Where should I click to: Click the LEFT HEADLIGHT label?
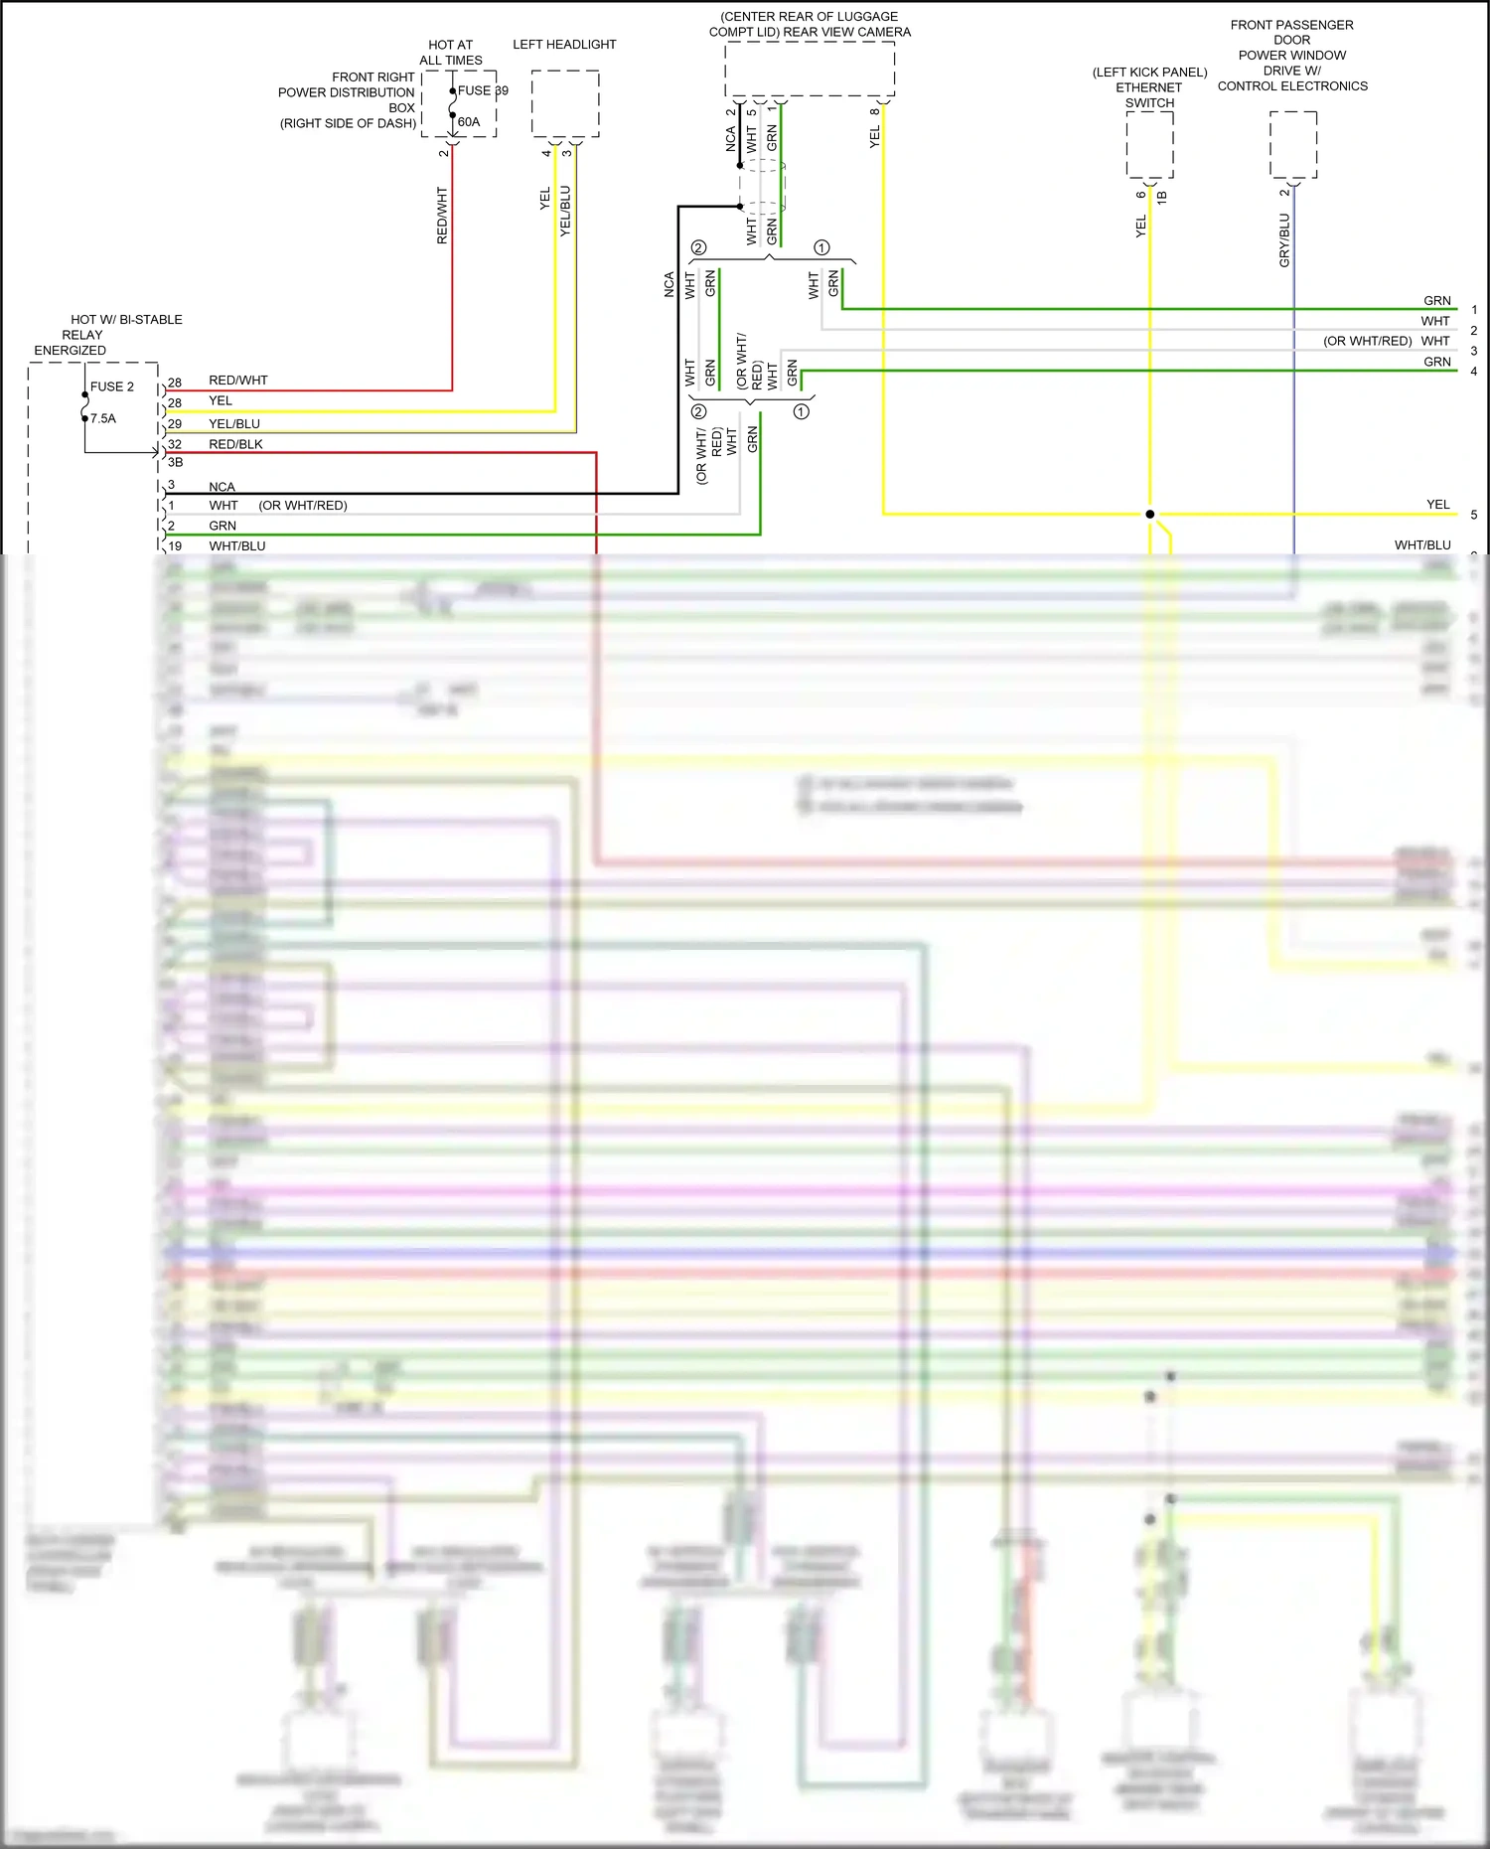pos(564,45)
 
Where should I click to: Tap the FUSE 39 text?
pos(483,90)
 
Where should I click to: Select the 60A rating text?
pos(469,122)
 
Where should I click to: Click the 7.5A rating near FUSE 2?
pos(103,418)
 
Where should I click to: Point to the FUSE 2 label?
pos(111,386)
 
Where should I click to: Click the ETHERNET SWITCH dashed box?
pos(1149,144)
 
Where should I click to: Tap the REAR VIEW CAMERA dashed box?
pos(809,69)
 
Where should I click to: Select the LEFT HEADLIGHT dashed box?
pos(564,103)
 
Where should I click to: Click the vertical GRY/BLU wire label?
pos(1283,240)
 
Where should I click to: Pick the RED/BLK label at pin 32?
pos(235,444)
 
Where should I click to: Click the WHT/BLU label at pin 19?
pos(236,545)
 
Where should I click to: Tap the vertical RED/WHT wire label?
pos(442,216)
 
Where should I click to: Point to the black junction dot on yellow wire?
pos(1149,515)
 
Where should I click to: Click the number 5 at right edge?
pos(1474,515)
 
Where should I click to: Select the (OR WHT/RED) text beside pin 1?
pos(303,506)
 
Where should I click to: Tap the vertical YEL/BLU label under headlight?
pos(565,211)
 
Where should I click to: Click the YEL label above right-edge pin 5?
pos(1437,505)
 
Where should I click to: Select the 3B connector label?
pos(175,462)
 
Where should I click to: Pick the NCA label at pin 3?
pos(222,487)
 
